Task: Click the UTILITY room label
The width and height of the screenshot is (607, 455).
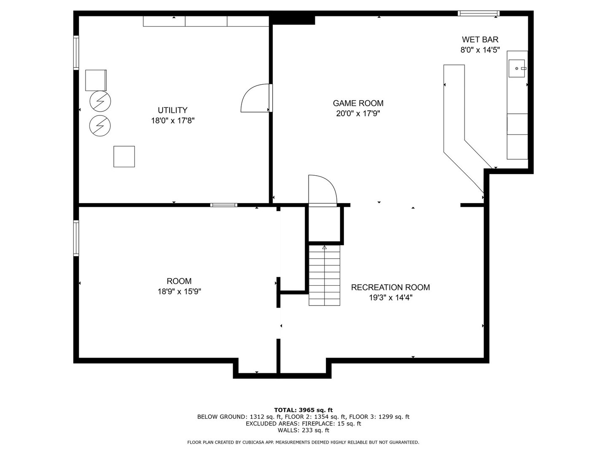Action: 172,110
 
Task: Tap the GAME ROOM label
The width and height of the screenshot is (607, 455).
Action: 358,103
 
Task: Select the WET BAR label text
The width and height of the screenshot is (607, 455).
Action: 480,40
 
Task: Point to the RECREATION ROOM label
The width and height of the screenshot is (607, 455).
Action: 390,287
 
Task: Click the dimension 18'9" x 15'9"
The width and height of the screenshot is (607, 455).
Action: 179,291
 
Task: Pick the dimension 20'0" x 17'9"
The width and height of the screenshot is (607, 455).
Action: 358,113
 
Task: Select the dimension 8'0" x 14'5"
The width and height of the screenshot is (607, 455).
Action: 480,50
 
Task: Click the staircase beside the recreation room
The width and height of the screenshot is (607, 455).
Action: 324,276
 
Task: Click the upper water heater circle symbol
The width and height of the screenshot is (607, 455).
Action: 100,101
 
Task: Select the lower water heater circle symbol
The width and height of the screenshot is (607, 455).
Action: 100,125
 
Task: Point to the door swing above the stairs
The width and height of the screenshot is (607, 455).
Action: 321,190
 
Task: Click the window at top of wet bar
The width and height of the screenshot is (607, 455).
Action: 478,13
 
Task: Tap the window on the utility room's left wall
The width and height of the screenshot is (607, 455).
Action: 76,53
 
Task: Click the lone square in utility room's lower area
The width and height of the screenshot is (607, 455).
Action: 124,156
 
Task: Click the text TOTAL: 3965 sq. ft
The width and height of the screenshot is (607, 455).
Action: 303,409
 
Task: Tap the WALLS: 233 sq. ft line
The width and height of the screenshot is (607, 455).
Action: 303,430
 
